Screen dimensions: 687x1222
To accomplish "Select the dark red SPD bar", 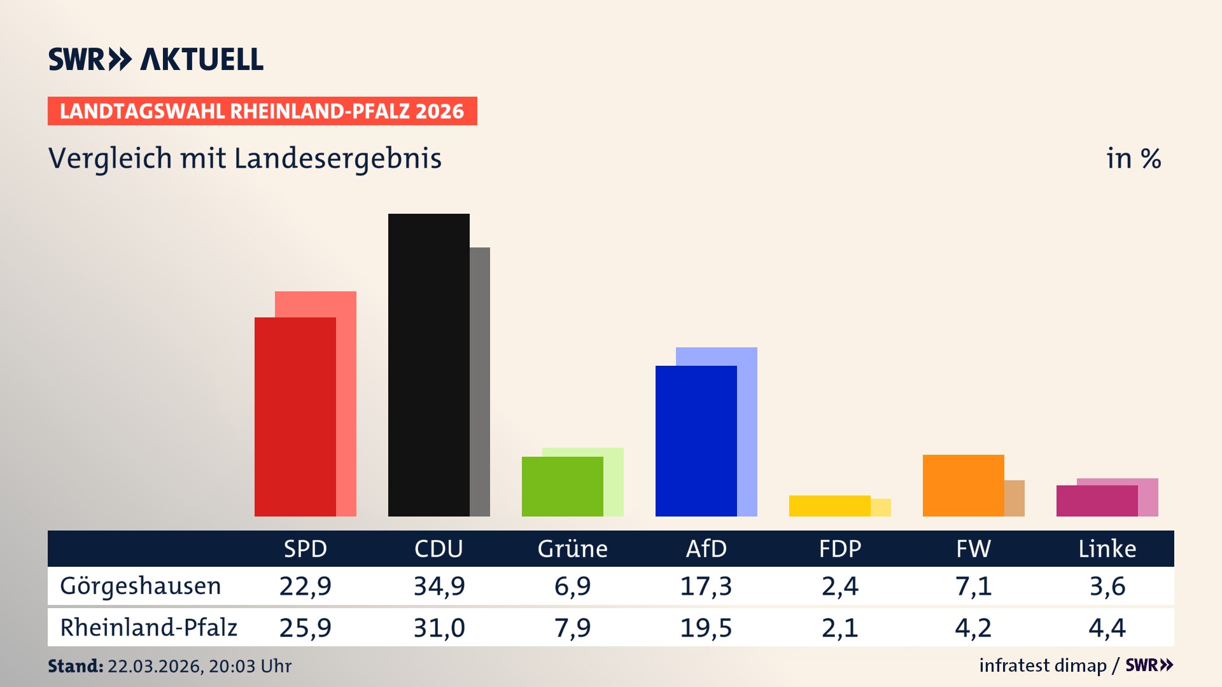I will pos(295,417).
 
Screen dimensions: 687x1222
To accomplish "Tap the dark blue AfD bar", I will pos(696,441).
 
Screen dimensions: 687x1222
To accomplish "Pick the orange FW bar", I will pos(963,485).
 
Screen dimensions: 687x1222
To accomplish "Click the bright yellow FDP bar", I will pos(829,506).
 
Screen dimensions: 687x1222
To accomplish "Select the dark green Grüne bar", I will pos(562,487).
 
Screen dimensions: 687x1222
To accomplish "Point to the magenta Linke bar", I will pos(1097,501).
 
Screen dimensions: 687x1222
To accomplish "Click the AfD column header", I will pos(706,549).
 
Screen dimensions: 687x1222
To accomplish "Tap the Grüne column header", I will pos(572,549).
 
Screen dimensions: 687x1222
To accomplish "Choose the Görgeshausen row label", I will pos(141,586).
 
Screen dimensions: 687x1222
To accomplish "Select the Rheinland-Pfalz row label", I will pos(148,628).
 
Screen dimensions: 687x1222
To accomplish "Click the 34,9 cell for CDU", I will pos(439,586).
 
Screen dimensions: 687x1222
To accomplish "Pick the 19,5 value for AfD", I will pos(706,628).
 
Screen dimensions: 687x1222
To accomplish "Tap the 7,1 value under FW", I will pos(973,586).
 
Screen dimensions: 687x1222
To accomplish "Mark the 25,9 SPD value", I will pos(305,628).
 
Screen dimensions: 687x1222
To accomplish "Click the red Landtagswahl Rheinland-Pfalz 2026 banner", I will pos(262,111).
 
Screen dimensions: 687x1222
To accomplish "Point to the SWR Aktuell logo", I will pos(156,59).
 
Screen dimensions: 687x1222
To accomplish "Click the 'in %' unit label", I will pos(1134,159).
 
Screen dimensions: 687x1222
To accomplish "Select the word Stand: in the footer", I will pos(75,666).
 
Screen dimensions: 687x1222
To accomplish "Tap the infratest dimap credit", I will pos(1043,665).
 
